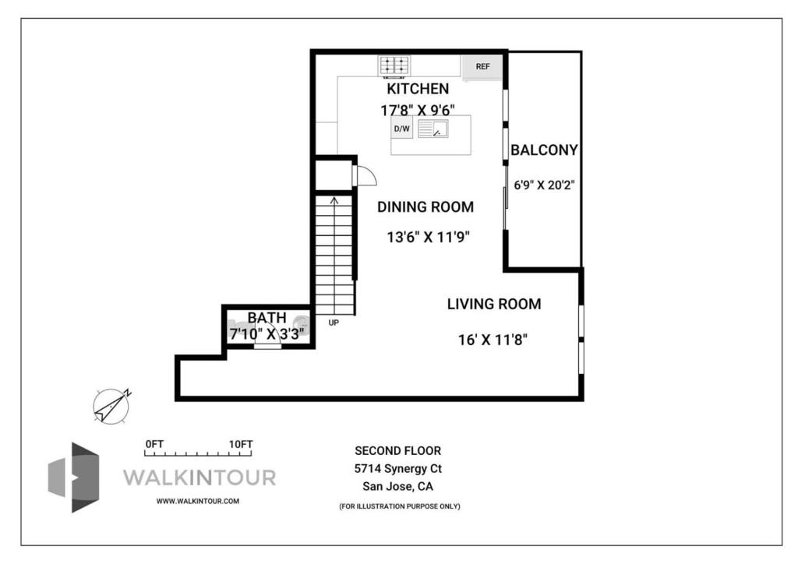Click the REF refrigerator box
tap(482, 67)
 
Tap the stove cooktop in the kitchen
tap(394, 65)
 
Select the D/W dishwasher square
tap(402, 129)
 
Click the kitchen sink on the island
tap(433, 129)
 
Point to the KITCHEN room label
tap(418, 89)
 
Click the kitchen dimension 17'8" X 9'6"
tap(418, 110)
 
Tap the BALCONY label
tap(544, 150)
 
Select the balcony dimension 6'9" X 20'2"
tap(544, 185)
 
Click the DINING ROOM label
tap(425, 206)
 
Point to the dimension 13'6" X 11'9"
tap(428, 237)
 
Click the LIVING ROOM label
tap(494, 304)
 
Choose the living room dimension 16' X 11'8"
tap(493, 339)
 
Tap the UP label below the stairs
tap(334, 323)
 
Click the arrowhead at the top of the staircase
tap(334, 199)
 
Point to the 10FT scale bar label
tap(240, 444)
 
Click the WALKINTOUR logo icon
tap(74, 477)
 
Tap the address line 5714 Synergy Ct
tap(398, 468)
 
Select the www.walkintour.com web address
tap(197, 501)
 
